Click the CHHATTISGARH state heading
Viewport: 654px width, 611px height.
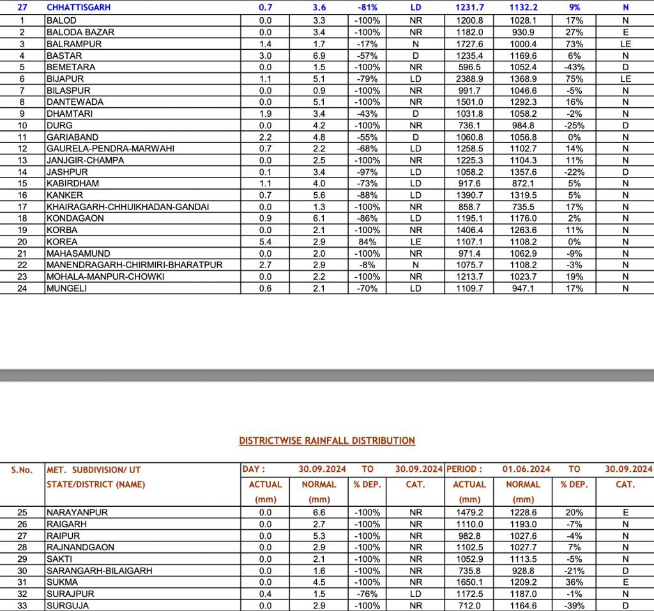(79, 8)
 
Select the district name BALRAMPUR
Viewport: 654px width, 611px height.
(74, 44)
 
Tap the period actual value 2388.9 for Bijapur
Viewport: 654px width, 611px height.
(469, 79)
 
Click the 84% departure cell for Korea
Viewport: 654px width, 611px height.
(367, 242)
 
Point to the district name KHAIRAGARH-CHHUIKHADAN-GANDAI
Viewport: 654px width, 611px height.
(127, 207)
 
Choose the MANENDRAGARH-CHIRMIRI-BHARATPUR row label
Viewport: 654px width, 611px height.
(134, 265)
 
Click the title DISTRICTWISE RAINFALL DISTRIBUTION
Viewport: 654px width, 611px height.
(327, 441)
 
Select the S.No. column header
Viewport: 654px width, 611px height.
(22, 470)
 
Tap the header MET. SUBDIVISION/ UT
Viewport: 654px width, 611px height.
(94, 470)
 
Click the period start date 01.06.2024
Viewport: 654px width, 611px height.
(526, 469)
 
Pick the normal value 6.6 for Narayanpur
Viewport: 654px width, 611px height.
(319, 513)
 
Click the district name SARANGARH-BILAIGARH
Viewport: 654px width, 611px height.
(99, 571)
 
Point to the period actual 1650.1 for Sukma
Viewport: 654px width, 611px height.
(469, 582)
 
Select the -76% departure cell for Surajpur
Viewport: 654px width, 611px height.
(367, 594)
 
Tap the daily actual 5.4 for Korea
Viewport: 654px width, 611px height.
(265, 242)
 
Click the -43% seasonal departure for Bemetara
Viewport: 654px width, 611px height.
(574, 67)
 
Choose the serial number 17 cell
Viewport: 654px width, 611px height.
(22, 207)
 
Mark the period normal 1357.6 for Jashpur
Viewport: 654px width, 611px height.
(523, 172)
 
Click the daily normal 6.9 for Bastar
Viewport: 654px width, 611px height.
(319, 56)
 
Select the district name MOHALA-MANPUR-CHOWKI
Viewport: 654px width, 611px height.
(105, 276)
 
